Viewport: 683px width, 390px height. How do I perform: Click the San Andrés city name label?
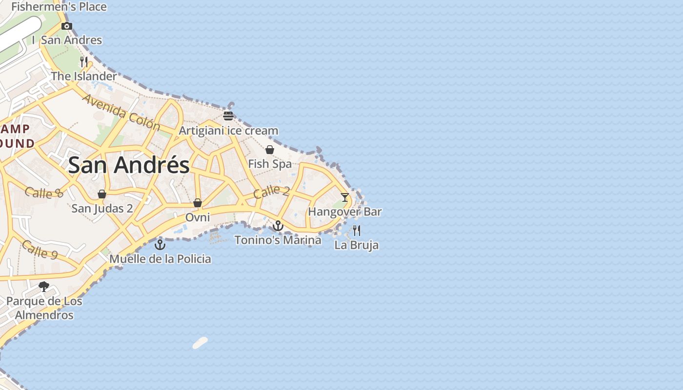129,165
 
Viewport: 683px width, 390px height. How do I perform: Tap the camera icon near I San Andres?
67,26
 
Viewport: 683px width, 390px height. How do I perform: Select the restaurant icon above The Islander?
84,61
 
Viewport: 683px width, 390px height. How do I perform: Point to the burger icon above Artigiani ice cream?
228,116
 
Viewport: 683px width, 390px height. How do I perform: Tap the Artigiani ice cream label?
228,131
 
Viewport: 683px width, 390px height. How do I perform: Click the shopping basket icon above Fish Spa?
269,150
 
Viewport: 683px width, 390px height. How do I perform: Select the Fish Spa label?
270,164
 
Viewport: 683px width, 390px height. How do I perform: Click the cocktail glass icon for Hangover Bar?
345,197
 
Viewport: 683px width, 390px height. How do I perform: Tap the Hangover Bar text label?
344,212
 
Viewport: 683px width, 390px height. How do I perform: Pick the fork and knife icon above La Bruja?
357,230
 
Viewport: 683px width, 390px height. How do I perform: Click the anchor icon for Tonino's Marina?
278,226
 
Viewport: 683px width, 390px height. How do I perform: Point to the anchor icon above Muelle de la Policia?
160,244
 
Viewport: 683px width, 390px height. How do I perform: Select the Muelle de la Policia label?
160,259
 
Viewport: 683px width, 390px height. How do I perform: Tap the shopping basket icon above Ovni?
198,203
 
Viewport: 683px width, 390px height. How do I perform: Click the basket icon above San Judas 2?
102,195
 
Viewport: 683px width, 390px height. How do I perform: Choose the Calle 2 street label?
272,192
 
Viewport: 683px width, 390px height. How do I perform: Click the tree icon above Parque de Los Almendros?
44,287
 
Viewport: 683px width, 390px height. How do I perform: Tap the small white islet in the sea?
200,343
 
